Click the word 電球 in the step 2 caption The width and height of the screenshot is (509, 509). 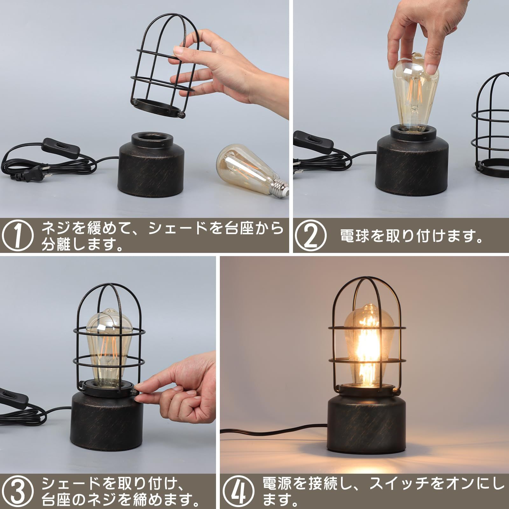tap(353, 237)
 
